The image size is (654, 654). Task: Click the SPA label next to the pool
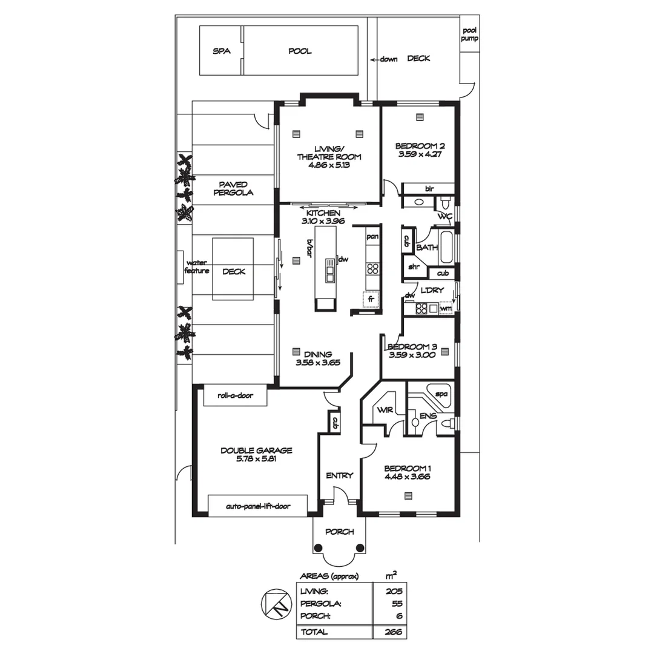[222, 51]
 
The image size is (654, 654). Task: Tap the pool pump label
[470, 34]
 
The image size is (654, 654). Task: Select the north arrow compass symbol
[273, 604]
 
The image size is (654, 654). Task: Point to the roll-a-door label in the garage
[235, 397]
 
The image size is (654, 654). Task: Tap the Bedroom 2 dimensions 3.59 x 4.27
[420, 154]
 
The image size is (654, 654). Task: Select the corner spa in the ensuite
[440, 394]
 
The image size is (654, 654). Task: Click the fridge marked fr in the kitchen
[372, 300]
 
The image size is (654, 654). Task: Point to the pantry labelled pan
[372, 236]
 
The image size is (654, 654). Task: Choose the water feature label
[197, 267]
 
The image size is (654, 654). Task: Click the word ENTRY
[339, 475]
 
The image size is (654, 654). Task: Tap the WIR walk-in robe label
[385, 410]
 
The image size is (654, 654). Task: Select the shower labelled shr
[415, 266]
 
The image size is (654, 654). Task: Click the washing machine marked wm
[446, 309]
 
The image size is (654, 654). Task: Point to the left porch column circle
[317, 548]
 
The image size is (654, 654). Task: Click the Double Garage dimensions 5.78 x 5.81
[256, 460]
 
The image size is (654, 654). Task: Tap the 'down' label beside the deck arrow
[388, 59]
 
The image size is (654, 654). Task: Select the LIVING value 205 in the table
[394, 591]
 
